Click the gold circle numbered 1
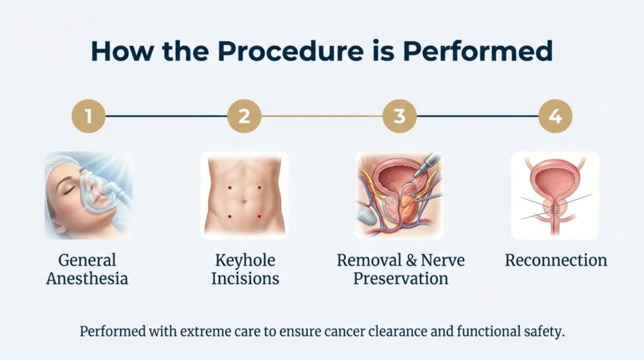89,116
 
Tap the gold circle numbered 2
244,116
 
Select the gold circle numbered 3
400,116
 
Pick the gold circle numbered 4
556,116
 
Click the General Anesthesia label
87,269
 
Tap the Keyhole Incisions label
244,269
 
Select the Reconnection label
556,261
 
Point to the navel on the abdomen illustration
245,201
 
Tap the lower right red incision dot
259,217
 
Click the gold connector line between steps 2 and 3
322,116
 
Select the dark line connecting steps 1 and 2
166,116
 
